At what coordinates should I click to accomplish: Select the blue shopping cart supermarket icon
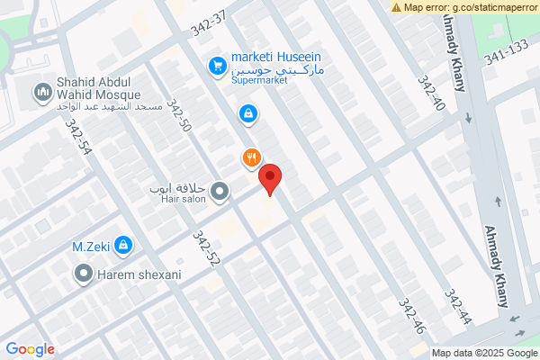click(217, 66)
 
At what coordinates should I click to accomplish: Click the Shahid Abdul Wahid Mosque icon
click(42, 92)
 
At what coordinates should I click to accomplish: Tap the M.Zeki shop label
click(91, 245)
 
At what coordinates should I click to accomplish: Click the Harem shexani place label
click(139, 274)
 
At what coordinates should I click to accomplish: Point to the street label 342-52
click(206, 248)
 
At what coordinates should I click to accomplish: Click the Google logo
click(30, 349)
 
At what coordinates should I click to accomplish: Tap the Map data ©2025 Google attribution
click(483, 353)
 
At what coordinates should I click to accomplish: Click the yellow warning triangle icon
click(397, 7)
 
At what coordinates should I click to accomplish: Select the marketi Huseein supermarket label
click(277, 61)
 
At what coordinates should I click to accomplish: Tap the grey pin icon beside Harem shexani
click(85, 273)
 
